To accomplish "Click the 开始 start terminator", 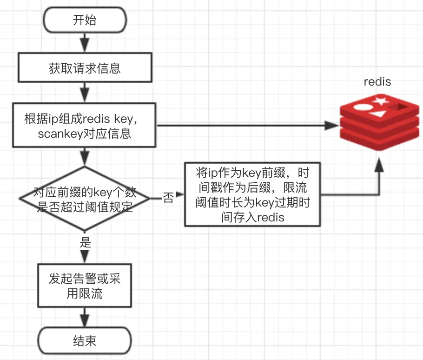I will point(85,21).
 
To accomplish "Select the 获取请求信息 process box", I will point(85,68).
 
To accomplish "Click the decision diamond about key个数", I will point(85,199).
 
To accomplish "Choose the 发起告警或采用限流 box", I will point(85,286).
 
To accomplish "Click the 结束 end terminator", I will point(85,341).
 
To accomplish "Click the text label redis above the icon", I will point(377,82).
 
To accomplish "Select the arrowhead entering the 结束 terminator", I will point(85,322).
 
